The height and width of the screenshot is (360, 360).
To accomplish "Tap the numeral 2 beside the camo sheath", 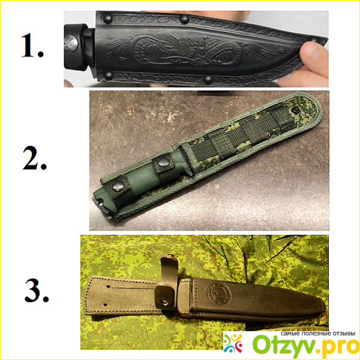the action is (34, 158).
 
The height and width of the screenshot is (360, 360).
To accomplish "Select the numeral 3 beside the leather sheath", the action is (37, 290).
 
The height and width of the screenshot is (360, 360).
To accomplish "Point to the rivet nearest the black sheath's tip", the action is (314, 40).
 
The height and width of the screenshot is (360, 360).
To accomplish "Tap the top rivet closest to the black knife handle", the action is (107, 19).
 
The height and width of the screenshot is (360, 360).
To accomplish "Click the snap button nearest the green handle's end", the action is (118, 186).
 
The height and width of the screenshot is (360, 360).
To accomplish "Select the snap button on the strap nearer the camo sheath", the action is (163, 163).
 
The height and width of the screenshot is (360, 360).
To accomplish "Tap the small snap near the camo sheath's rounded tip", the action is (295, 110).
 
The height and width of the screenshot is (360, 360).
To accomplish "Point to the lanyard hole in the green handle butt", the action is (101, 203).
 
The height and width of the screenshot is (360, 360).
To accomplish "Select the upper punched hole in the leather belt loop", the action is (108, 287).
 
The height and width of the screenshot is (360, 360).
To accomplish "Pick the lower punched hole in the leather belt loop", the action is (106, 305).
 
